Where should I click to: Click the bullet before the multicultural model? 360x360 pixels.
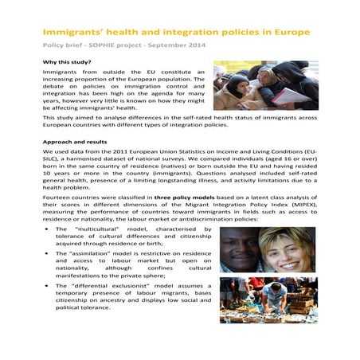[46, 229]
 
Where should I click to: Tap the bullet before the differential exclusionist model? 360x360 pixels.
[46, 284]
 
